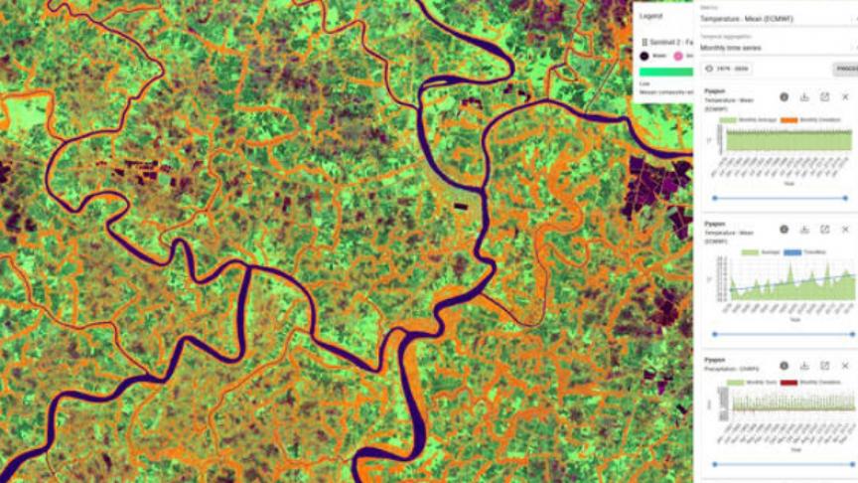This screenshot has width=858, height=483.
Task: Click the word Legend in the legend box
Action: (651, 16)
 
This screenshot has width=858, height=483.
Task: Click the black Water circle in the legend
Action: (644, 57)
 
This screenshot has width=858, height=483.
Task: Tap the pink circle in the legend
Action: (678, 57)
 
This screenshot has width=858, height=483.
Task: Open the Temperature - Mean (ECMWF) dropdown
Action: (775, 18)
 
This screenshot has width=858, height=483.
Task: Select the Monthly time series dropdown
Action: (775, 48)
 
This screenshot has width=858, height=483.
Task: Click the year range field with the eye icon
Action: (728, 69)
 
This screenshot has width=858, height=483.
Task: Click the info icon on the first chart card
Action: (784, 97)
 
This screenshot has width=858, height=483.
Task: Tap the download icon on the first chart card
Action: (804, 97)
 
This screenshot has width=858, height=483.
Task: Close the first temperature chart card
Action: (846, 97)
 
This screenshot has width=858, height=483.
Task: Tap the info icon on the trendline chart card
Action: (784, 229)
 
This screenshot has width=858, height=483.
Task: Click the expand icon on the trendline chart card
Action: (825, 229)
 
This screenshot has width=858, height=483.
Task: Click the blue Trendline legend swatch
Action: (791, 252)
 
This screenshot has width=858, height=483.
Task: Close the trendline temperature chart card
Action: (846, 229)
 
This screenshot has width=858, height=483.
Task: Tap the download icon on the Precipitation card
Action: (804, 366)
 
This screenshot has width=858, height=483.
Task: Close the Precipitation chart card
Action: (846, 366)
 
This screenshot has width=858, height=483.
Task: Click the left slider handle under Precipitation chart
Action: (714, 463)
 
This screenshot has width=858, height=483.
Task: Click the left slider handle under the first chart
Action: (714, 198)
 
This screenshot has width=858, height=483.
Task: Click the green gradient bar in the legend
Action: (665, 72)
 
